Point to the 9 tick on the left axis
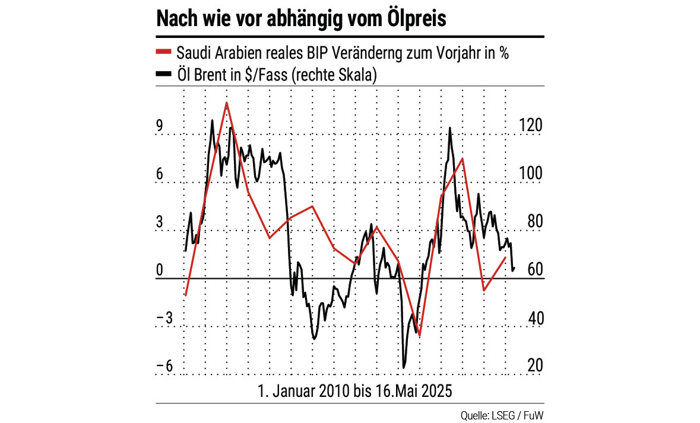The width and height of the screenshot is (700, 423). (x=160, y=126)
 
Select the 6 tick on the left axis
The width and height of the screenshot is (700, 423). (x=160, y=174)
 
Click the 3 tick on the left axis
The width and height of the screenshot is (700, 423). (x=160, y=222)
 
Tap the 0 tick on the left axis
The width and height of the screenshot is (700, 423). (x=160, y=271)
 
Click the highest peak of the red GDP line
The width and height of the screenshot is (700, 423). (x=226, y=103)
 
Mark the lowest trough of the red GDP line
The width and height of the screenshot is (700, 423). (x=419, y=336)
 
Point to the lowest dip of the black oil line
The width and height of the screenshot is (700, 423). (x=404, y=367)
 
